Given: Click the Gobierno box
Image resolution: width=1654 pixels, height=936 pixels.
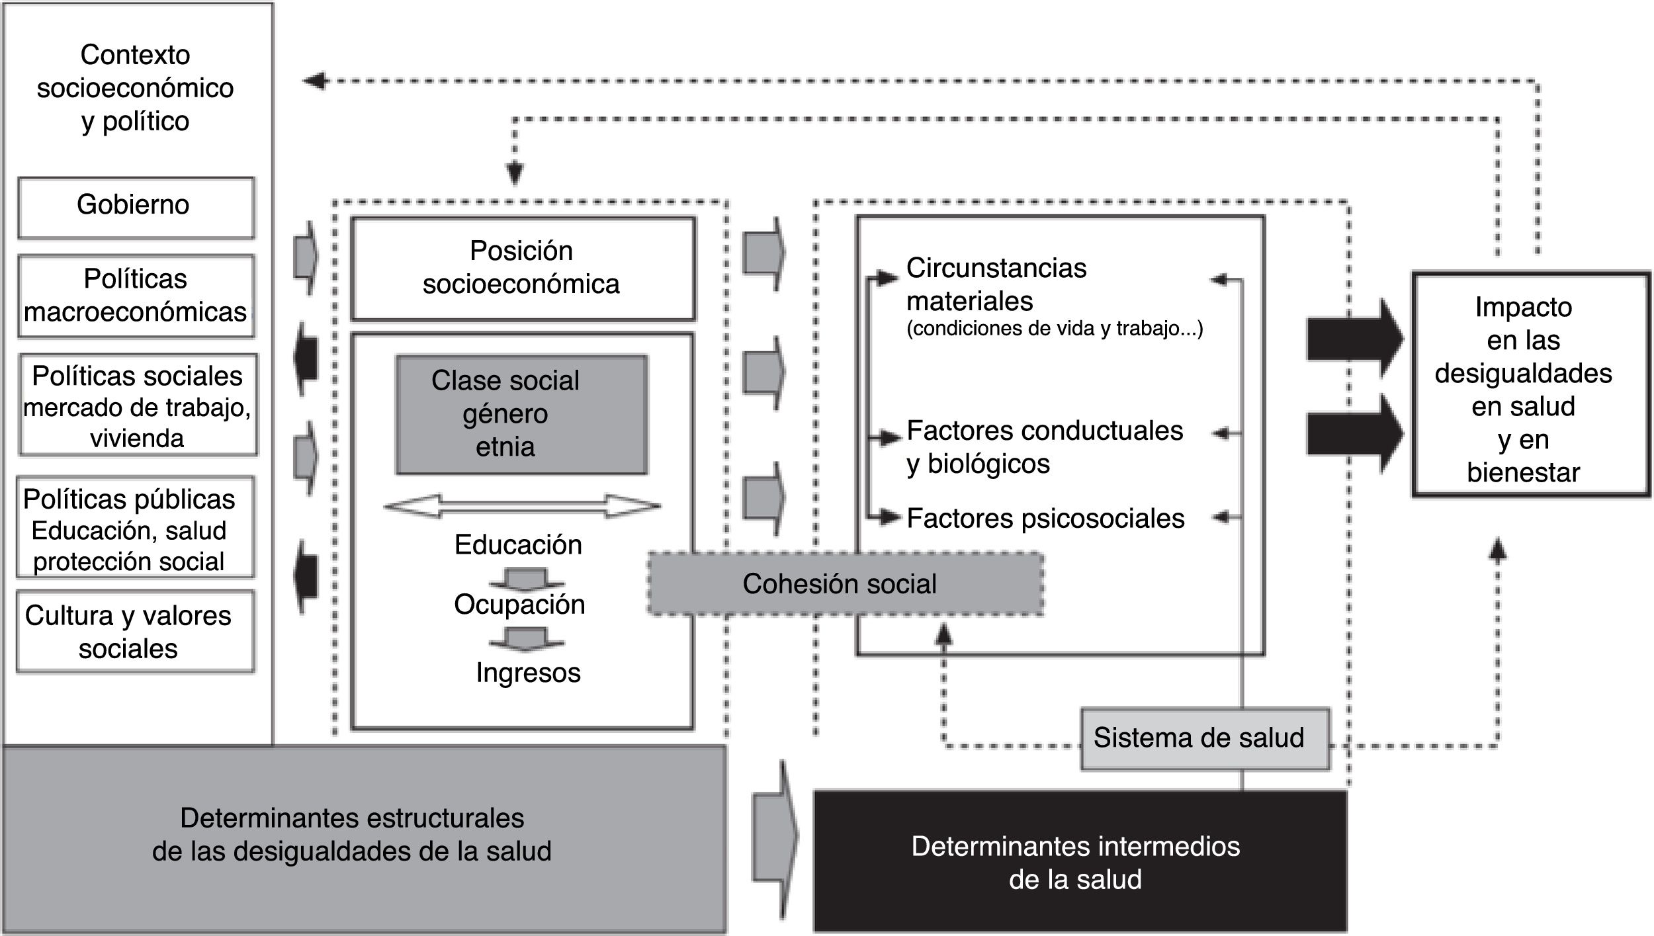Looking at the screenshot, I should pos(135,206).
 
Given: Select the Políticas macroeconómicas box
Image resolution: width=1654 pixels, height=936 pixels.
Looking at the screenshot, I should pos(135,296).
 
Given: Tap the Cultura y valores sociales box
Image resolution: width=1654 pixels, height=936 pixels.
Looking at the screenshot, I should pos(135,632).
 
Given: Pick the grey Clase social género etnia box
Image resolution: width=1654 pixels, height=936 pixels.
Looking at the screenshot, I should pos(521,414).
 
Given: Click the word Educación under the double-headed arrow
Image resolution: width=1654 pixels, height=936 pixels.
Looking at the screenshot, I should pos(518,544).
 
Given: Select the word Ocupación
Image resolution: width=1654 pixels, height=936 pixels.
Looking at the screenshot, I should pos(519,604).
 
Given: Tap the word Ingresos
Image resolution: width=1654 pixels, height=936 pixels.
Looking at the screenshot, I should pos(528,673).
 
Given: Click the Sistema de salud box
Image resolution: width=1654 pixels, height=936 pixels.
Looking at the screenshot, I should pos(1204,738).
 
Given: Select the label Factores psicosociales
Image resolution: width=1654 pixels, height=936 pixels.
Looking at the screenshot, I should pos(1045,519).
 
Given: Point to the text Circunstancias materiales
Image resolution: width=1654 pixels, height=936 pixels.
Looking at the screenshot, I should pos(996,284).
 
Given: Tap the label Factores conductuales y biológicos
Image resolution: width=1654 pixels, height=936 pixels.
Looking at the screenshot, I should pos(1044,447).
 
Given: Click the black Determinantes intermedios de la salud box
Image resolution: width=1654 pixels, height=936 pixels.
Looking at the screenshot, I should pos(1078,862).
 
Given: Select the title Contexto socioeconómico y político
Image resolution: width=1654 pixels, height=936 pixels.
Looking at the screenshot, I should pos(135,88).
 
